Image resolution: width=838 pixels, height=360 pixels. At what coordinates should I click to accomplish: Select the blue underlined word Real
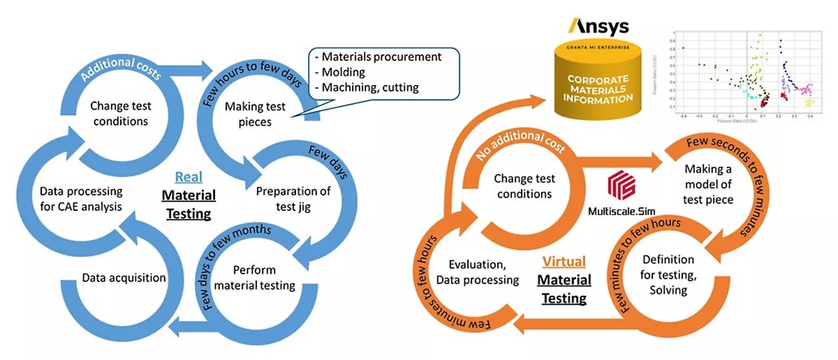click(188, 176)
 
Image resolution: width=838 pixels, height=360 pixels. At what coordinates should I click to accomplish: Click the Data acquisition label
click(124, 277)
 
